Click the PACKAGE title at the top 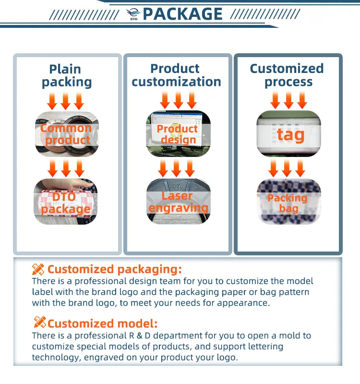click(183, 14)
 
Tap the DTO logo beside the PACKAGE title click(133, 14)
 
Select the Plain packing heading click(66, 76)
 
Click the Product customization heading click(176, 75)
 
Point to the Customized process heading click(287, 75)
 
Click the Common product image click(66, 134)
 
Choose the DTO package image click(66, 202)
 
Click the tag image click(288, 134)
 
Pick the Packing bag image click(288, 202)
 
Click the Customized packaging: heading click(114, 269)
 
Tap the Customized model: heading click(102, 324)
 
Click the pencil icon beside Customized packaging click(38, 269)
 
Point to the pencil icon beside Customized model click(39, 323)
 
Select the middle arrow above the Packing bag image click(287, 168)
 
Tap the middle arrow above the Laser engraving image click(177, 168)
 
